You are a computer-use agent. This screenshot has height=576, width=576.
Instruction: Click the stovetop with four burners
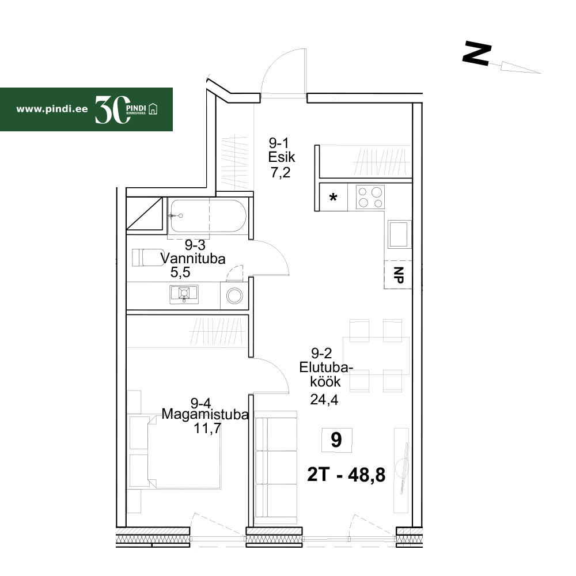(x=370, y=197)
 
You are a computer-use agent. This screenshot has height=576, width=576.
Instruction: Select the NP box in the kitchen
(x=398, y=274)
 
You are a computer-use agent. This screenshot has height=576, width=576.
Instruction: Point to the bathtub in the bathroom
(x=207, y=216)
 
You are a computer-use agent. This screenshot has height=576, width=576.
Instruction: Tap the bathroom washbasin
(x=184, y=294)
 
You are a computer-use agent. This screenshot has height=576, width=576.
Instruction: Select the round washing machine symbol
(x=234, y=295)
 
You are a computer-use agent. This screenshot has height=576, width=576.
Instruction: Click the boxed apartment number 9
(x=336, y=439)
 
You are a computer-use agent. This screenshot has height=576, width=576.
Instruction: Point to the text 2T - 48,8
(x=346, y=475)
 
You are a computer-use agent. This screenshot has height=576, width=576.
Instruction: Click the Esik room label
(x=282, y=157)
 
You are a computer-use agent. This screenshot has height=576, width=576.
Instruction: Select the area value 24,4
(x=324, y=399)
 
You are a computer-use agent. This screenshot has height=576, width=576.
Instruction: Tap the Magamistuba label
(x=205, y=414)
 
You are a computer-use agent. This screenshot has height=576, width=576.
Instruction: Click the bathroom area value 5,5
(x=180, y=272)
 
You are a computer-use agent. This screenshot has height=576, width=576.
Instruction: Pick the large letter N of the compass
(x=477, y=54)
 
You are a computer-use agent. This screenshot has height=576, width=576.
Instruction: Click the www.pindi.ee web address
(x=52, y=109)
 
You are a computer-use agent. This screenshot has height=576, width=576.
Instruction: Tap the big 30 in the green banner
(x=112, y=109)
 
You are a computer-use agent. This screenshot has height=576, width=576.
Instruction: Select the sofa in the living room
(x=276, y=467)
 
